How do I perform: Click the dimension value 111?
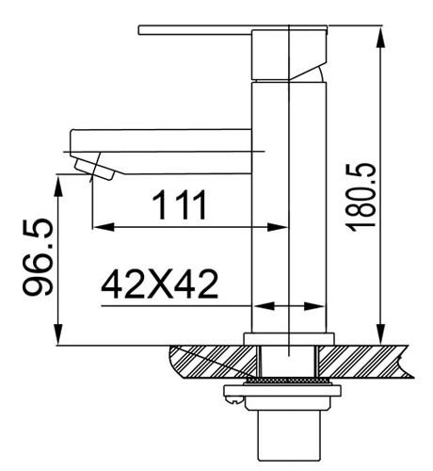tap(180, 205)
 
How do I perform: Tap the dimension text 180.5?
tap(361, 197)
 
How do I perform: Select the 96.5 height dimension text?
tap(38, 257)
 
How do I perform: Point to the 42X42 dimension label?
tap(159, 284)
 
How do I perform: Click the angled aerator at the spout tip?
tap(93, 170)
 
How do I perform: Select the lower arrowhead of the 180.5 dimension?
tap(380, 333)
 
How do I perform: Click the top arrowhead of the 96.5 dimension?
tap(58, 187)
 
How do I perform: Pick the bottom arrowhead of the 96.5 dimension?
tap(58, 334)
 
